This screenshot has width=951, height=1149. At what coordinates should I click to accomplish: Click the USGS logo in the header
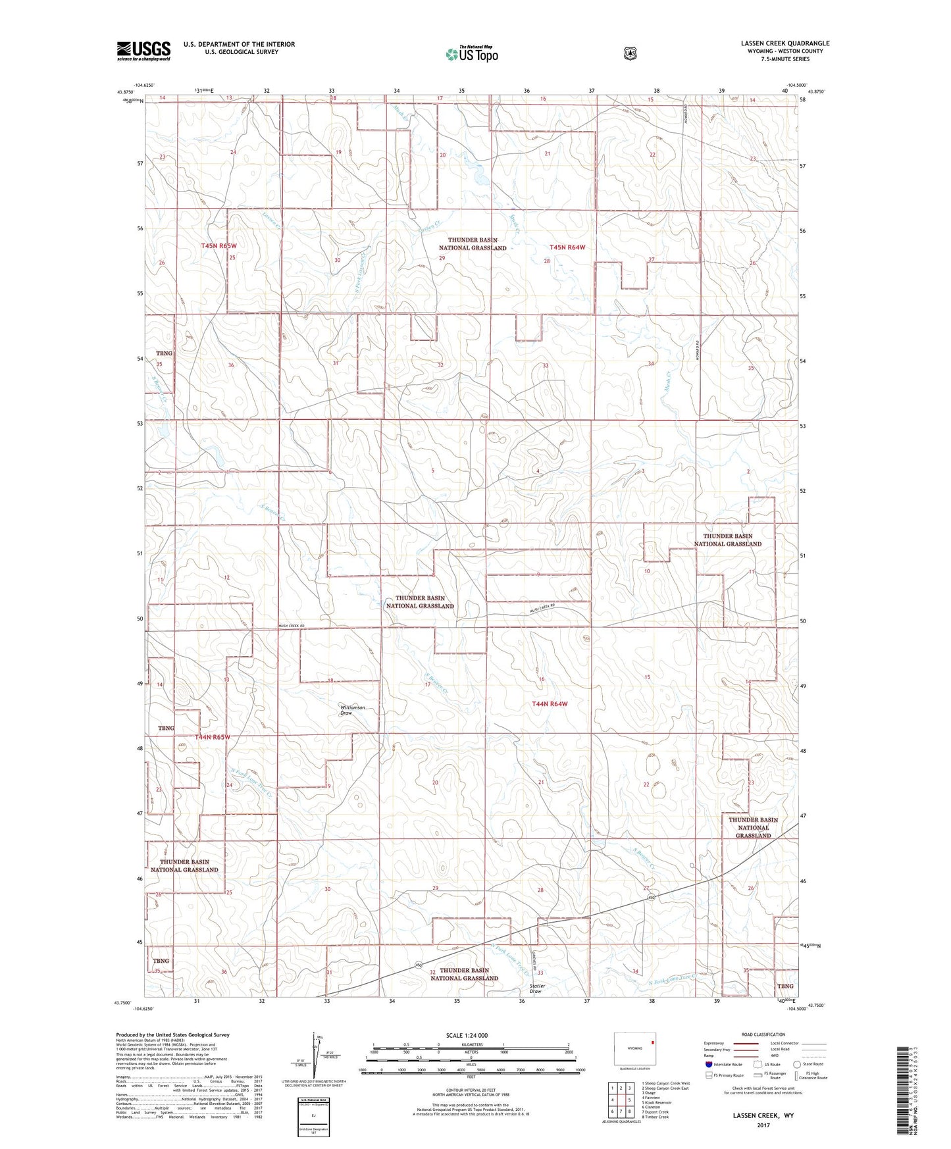pos(143,50)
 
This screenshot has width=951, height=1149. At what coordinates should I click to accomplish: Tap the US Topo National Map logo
pos(471,54)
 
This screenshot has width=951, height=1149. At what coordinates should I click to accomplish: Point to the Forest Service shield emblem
pos(630,53)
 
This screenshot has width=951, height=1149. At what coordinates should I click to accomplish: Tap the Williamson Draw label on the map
pos(352,710)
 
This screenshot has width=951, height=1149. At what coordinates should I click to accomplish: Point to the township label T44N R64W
pos(549,704)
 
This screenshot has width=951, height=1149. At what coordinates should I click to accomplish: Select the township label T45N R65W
pos(218,245)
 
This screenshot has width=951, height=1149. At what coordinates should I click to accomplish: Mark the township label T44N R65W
pos(213,737)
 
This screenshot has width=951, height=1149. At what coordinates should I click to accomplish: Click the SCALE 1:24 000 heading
pos(467,1035)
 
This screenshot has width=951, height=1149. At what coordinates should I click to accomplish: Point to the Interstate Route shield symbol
pos(708,1064)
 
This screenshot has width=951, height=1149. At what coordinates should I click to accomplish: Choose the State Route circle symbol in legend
pos(797,1064)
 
